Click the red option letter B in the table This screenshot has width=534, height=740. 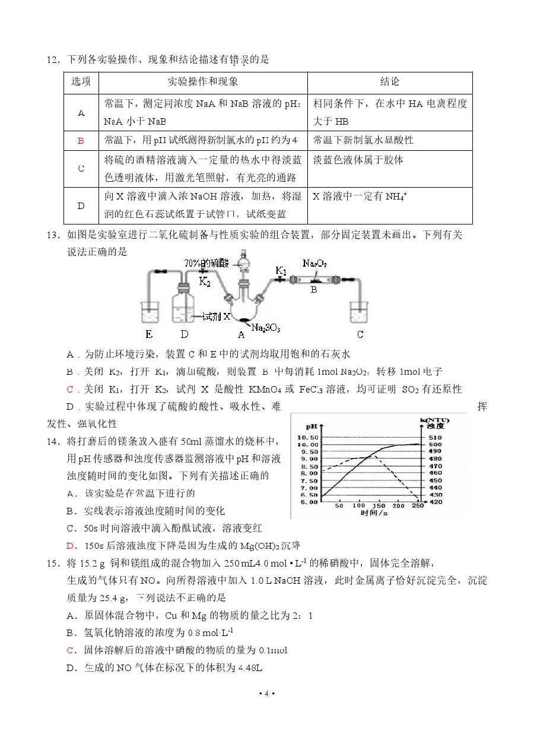coord(81,141)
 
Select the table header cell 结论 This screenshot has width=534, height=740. coord(389,82)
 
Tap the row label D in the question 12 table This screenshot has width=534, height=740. coord(81,205)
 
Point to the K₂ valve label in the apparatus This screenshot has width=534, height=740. coord(205,282)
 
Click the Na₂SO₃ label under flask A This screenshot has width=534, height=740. coord(266,327)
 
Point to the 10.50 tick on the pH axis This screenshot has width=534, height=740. coord(310,437)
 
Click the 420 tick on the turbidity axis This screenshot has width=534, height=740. coord(435,502)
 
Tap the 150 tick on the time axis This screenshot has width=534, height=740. coord(379,506)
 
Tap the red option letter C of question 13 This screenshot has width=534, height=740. coord(70,390)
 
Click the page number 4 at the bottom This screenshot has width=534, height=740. coord(267,694)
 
